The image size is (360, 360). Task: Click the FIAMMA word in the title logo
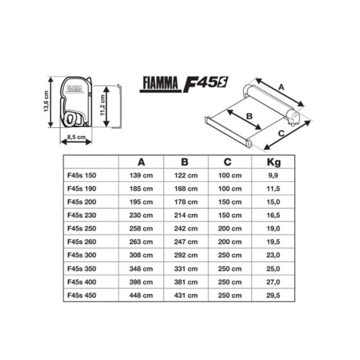point(159,83)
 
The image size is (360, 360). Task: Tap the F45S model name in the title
point(205,83)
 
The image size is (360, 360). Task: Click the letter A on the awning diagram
point(281,87)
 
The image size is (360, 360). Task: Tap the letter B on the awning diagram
point(249,116)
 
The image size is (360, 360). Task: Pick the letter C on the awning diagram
point(282,135)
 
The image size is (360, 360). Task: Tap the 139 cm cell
point(141,175)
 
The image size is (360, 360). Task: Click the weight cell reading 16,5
point(274,215)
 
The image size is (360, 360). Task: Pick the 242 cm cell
point(186,229)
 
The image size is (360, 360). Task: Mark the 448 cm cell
point(141,295)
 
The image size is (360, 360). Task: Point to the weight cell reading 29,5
point(274,295)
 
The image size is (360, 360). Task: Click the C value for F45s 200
point(229,202)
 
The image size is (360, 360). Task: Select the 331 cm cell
point(186,268)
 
